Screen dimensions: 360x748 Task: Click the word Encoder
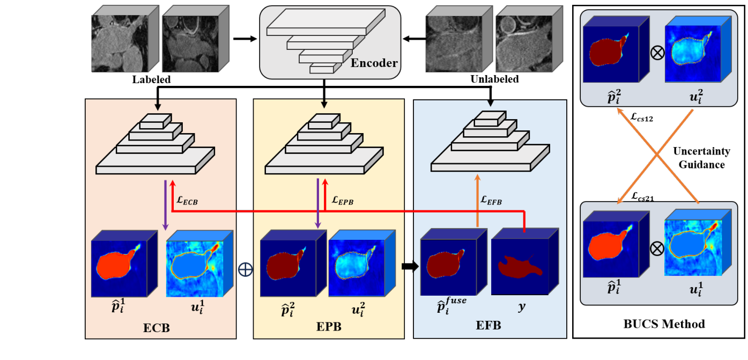pyautogui.click(x=374, y=63)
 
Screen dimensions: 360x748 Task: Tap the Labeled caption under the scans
pyautogui.click(x=152, y=79)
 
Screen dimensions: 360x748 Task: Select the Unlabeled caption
pyautogui.click(x=494, y=79)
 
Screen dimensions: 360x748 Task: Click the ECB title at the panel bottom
pyautogui.click(x=157, y=327)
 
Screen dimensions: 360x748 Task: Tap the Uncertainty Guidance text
pyautogui.click(x=699, y=159)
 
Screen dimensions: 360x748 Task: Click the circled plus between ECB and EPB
pyautogui.click(x=245, y=269)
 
